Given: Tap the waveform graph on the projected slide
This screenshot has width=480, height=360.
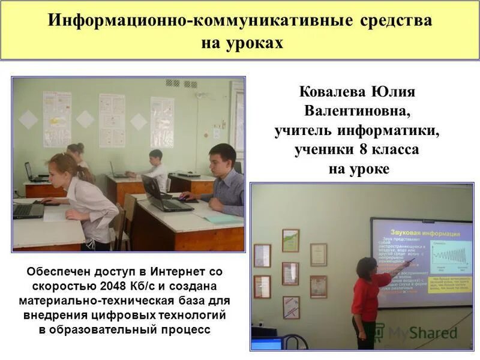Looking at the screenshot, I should click(443, 256).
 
